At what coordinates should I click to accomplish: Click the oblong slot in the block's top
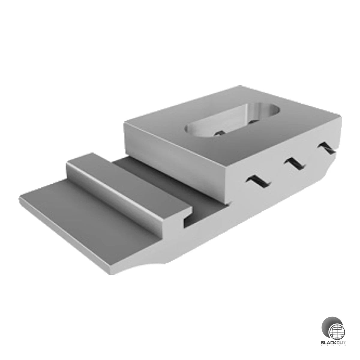[x=232, y=122]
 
